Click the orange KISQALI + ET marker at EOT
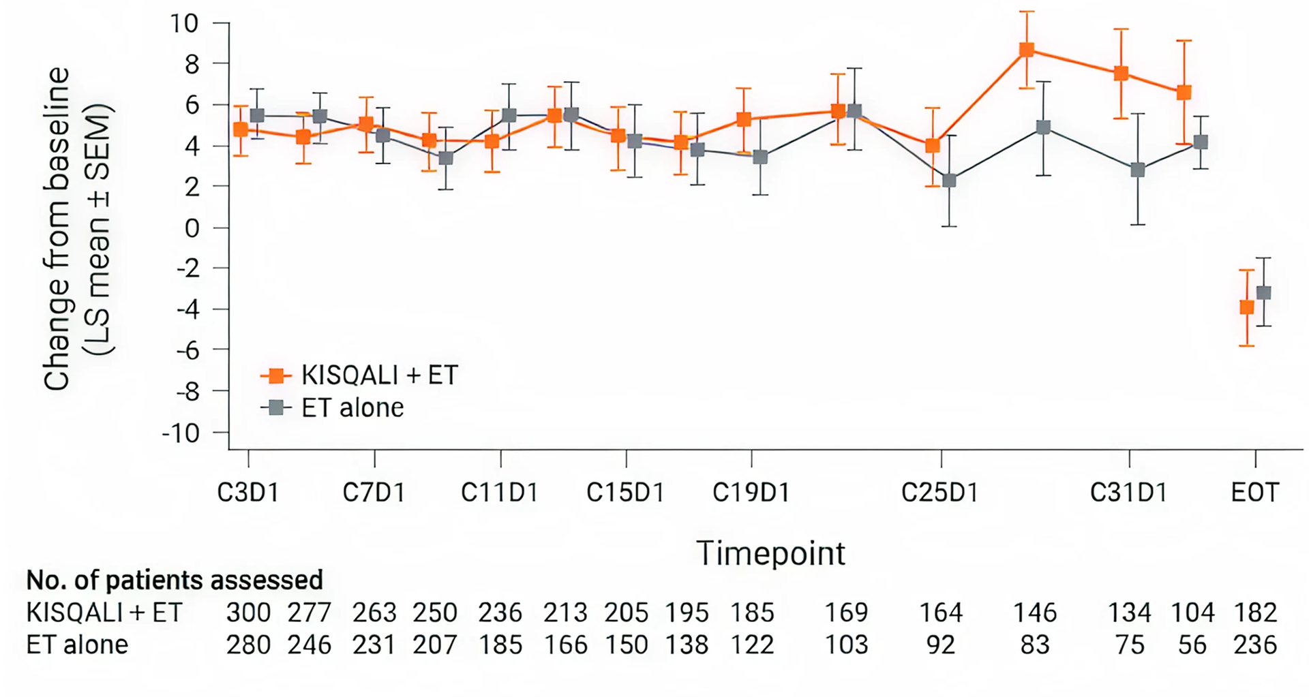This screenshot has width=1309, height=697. click(1246, 307)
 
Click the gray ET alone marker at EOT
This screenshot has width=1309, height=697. click(1263, 293)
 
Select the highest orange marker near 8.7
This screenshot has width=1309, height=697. click(1027, 50)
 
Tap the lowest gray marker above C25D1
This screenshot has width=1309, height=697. click(949, 181)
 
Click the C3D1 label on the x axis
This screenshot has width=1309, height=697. click(248, 492)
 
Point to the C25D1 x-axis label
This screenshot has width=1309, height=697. click(939, 492)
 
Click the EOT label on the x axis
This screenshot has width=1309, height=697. click(1254, 492)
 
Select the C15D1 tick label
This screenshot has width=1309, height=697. click(625, 492)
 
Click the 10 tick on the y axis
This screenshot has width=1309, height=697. click(184, 23)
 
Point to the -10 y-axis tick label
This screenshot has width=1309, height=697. click(180, 433)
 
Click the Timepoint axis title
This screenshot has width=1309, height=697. click(770, 553)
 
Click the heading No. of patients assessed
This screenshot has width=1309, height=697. click(175, 580)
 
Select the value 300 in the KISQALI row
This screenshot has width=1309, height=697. click(248, 613)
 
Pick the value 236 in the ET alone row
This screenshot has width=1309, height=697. click(1254, 645)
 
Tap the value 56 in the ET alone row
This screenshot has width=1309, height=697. click(1192, 645)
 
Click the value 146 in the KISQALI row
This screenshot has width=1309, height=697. click(1034, 613)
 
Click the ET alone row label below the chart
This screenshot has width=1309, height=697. click(77, 645)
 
